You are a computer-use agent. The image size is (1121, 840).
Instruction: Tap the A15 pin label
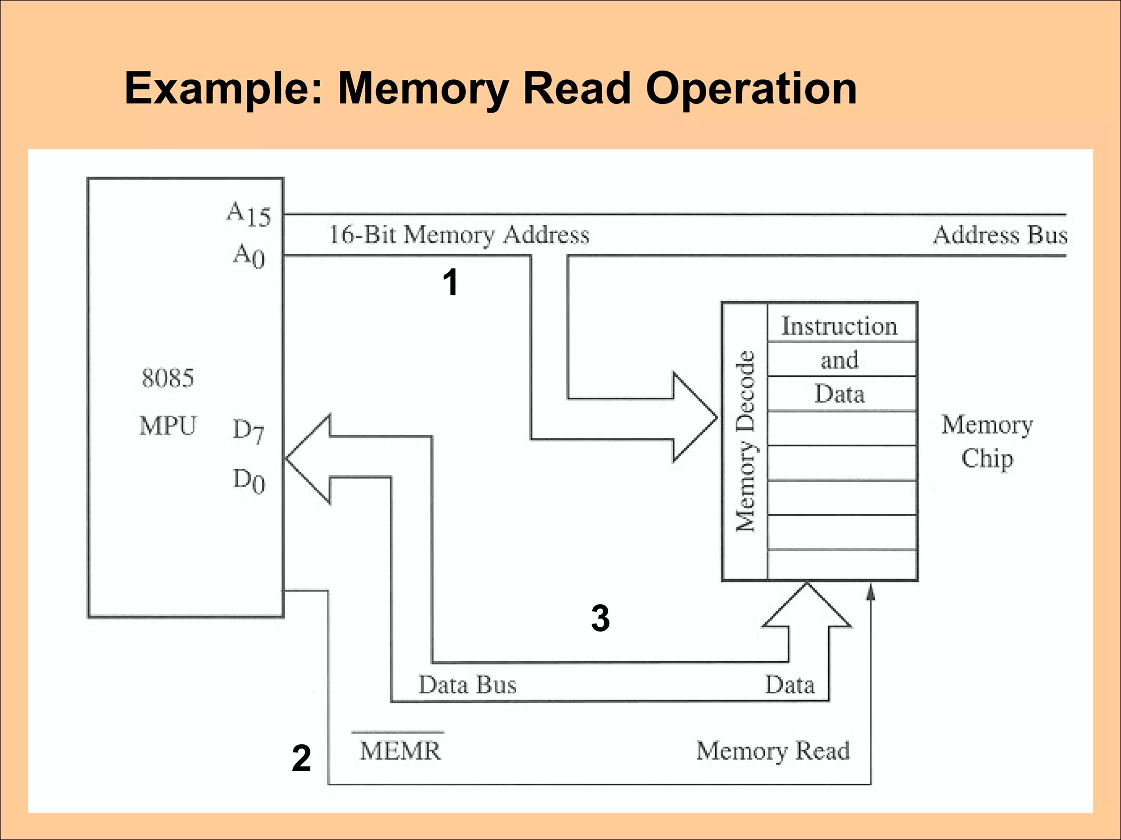(249, 214)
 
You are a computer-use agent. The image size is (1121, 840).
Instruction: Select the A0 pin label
(250, 255)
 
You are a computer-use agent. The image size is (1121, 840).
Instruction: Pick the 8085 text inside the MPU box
(167, 378)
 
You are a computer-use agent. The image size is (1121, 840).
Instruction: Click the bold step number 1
(450, 283)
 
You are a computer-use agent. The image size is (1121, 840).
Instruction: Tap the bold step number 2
(301, 759)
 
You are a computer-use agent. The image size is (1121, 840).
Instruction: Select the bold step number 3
(600, 619)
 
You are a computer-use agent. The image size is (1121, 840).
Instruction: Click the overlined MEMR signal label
(400, 750)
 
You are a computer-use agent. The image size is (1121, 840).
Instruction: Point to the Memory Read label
(772, 750)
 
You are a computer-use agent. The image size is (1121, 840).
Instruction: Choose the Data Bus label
(467, 685)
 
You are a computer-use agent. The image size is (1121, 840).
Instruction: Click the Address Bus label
(1000, 235)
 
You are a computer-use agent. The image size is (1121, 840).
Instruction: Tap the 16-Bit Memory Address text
(459, 235)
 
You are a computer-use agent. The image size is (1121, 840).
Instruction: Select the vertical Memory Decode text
(745, 441)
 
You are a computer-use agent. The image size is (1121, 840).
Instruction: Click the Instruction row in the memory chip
(839, 326)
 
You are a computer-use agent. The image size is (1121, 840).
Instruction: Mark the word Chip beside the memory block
(987, 458)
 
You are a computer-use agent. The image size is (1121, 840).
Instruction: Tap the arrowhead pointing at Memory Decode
(697, 417)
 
